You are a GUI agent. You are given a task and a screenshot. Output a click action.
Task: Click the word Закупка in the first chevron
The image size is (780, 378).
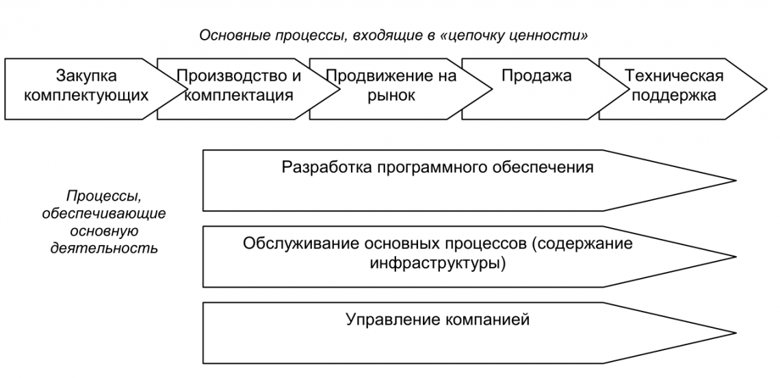pos(86,76)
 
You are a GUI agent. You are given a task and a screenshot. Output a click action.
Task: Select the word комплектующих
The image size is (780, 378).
pos(86,95)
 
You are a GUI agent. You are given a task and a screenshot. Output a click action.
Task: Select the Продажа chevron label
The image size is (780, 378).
pos(527,76)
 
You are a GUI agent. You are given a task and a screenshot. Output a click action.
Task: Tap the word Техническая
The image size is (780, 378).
pos(674,76)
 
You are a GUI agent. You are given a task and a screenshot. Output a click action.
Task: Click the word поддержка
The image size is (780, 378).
pos(674,95)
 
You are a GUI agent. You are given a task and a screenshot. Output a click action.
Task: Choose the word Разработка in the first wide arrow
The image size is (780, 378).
pos(320,167)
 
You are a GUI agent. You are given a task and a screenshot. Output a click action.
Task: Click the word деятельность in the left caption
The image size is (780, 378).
pos(104,247)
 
